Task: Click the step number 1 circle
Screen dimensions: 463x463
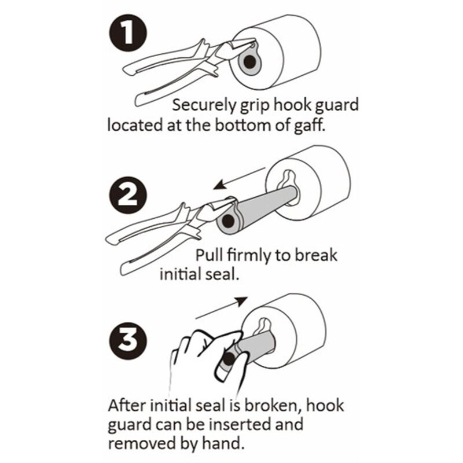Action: tap(127, 33)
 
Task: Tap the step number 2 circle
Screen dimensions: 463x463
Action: tap(127, 195)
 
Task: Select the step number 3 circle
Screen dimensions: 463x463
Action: tap(127, 340)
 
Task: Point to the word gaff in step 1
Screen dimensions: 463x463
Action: tap(310, 125)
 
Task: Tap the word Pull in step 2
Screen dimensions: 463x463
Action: tap(209, 255)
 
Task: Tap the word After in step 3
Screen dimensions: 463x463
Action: tap(127, 406)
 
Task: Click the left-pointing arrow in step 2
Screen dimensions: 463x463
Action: tap(240, 178)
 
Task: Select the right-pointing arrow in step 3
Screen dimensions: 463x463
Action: tap(222, 308)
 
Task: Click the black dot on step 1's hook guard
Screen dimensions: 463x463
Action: tap(250, 62)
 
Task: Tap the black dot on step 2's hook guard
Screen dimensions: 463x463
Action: tap(227, 221)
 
